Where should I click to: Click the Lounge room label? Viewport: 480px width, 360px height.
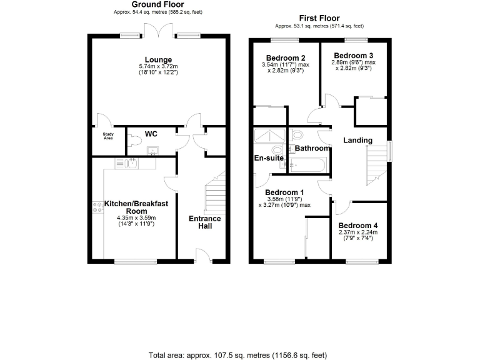[x=158, y=60]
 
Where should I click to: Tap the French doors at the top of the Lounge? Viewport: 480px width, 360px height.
[x=156, y=31]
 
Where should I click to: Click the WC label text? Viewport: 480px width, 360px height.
[x=151, y=134]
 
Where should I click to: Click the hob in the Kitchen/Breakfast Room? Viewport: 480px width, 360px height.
[x=97, y=207]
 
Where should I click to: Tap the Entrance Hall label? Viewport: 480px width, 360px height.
[x=204, y=222]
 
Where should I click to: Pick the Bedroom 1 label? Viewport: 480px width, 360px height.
[x=284, y=192]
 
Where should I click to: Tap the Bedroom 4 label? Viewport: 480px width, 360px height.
[x=357, y=225]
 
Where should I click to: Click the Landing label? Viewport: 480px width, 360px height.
[x=357, y=140]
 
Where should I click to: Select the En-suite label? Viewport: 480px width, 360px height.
[x=269, y=158]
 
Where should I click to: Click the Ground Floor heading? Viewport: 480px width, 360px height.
[x=158, y=4]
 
